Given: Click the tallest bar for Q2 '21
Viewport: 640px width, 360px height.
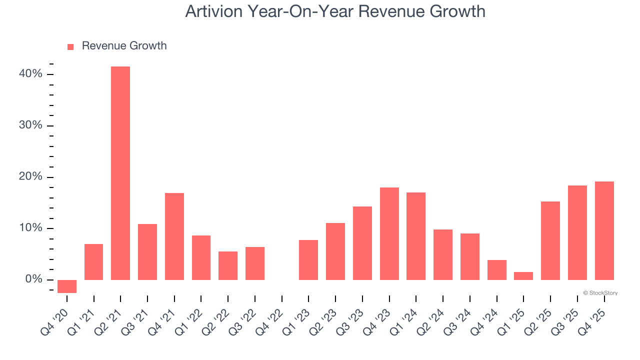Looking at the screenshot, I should (x=120, y=173).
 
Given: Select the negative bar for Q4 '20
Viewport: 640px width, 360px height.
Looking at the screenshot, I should (x=67, y=286).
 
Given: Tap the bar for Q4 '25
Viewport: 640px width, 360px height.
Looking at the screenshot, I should (x=604, y=230).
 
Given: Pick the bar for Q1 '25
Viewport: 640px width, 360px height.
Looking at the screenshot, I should (x=523, y=276).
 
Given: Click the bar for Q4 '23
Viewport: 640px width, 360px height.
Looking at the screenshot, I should (x=389, y=233).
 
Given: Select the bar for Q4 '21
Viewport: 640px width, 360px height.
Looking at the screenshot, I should (x=174, y=236).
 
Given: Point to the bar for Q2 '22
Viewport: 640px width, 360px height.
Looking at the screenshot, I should (x=228, y=265).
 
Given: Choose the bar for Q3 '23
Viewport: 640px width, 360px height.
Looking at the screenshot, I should (x=362, y=243).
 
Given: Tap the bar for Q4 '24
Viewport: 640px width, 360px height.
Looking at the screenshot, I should (x=496, y=270).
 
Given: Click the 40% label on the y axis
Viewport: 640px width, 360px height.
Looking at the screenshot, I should (x=30, y=74).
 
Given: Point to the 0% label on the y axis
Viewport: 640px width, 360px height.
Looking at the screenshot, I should (x=33, y=279).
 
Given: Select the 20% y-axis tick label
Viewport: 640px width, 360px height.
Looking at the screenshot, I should (x=30, y=176).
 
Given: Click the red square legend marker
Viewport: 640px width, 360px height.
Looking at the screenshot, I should (x=70, y=46).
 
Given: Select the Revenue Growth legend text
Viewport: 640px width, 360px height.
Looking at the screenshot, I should (x=124, y=46).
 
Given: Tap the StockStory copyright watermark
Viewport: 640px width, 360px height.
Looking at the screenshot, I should (x=600, y=293).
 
